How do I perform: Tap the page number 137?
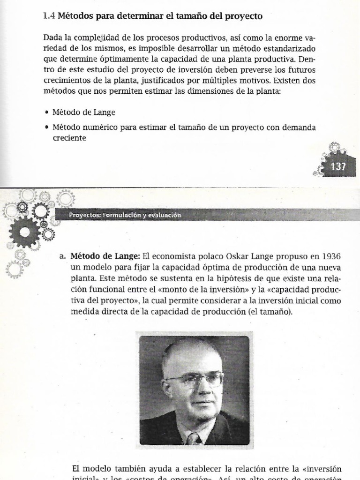coord(338,166)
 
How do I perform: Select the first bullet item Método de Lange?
coord(84,112)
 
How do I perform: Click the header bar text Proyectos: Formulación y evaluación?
coord(125,215)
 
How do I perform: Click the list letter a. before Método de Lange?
coord(62,256)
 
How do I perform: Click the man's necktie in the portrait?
coord(193,438)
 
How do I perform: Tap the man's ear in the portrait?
coord(165,389)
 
